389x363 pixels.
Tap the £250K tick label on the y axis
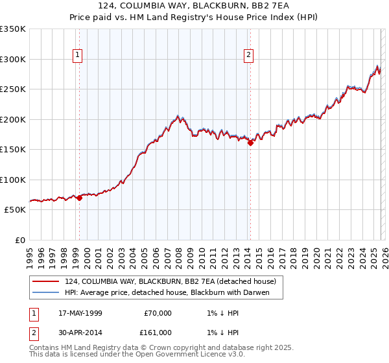pos(13,89)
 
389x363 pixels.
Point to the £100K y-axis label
pos(13,180)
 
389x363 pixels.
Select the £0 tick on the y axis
pos(19,240)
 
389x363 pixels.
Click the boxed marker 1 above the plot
pos(77,56)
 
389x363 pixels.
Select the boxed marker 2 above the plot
pos(248,56)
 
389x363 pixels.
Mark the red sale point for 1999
pos(80,198)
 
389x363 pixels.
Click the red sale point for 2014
pos(250,143)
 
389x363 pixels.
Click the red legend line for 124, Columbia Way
pos(46,281)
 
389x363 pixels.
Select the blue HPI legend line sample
pos(46,292)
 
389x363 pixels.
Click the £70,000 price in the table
pos(158,313)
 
